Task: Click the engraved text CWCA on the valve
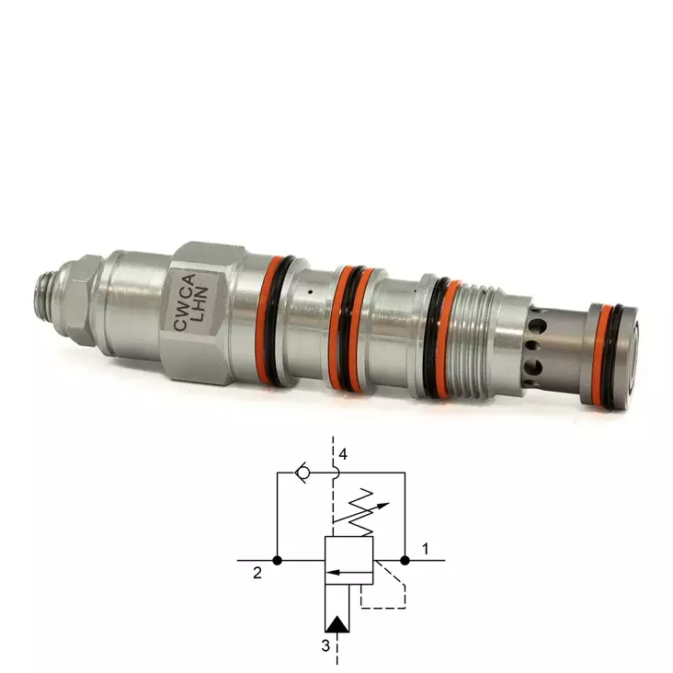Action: pos(185,302)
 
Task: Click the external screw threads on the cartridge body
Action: pos(475,340)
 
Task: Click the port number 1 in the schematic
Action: pos(426,549)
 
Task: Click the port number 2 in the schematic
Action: pos(257,573)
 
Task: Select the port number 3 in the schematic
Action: pos(325,645)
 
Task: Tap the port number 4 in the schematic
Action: pos(343,454)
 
